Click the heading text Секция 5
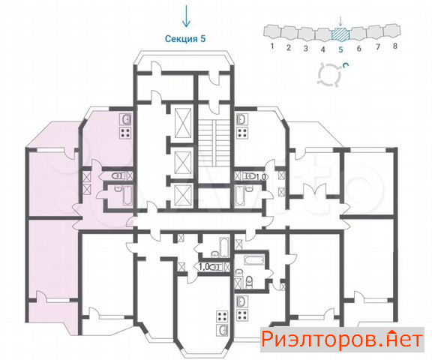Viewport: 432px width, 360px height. [185, 39]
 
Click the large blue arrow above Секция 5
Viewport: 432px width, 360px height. [186, 16]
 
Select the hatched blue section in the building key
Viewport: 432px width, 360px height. [340, 34]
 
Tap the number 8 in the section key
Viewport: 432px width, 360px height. [395, 46]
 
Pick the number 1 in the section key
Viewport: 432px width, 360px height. [272, 46]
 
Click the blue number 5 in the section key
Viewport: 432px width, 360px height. [340, 49]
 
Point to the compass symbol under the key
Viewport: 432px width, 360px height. [329, 74]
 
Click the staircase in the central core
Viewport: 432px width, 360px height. [214, 143]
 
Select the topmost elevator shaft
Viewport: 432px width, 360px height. [183, 122]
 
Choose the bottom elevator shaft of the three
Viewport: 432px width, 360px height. [183, 195]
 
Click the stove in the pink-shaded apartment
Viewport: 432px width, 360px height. [125, 133]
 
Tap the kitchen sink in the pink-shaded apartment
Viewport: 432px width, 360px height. [125, 119]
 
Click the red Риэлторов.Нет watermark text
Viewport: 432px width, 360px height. [342, 340]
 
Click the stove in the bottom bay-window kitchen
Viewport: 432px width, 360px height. [222, 316]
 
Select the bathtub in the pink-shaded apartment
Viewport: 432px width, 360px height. [127, 195]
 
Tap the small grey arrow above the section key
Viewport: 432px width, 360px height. [340, 21]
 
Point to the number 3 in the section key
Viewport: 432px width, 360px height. [305, 49]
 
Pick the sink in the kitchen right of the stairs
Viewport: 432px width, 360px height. [242, 119]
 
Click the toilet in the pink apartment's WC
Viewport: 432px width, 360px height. [117, 175]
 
